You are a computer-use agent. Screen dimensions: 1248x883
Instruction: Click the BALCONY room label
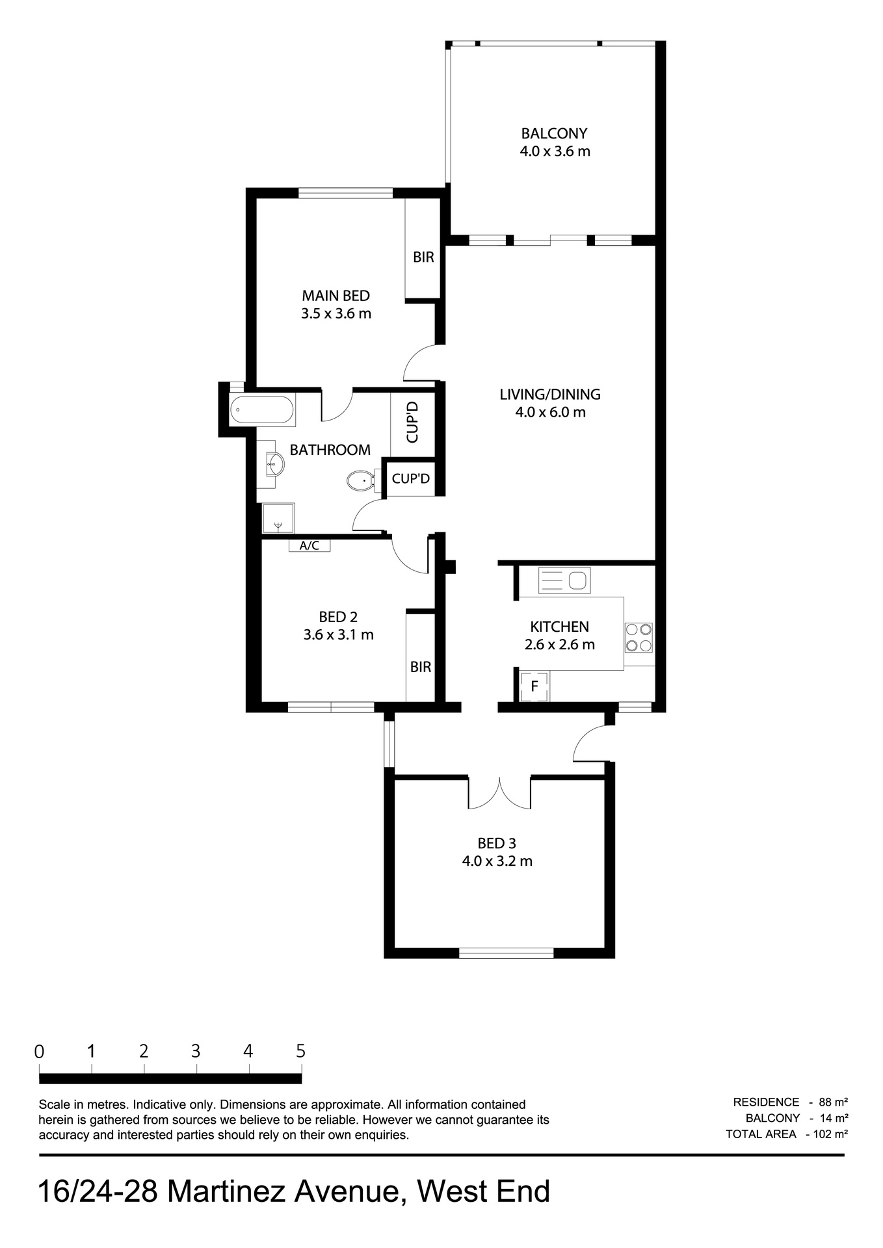[554, 133]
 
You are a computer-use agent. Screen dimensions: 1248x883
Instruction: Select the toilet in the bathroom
[359, 481]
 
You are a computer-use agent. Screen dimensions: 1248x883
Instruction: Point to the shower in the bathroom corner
[278, 518]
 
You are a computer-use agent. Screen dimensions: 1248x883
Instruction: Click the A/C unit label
[310, 546]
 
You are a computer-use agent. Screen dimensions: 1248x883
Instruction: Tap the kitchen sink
[564, 580]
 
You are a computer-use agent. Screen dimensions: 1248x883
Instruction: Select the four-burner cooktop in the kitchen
[639, 637]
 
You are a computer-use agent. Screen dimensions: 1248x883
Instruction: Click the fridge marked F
[534, 686]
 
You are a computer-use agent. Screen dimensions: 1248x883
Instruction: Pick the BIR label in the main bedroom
[423, 257]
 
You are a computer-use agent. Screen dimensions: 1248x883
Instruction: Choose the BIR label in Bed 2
[420, 667]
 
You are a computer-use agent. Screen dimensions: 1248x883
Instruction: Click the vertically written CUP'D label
[412, 422]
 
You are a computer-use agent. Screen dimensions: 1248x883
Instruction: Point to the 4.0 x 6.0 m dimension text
[550, 412]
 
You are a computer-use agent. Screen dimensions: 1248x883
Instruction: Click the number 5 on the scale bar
[300, 1051]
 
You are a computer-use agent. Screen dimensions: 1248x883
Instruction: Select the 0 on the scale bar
[40, 1052]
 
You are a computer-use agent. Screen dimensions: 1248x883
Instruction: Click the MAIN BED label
[336, 296]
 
